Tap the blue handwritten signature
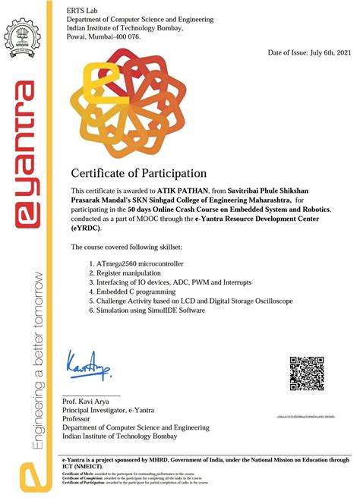click(88, 367)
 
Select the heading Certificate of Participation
click(138, 173)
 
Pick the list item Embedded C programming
click(136, 291)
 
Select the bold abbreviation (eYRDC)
click(89, 228)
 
